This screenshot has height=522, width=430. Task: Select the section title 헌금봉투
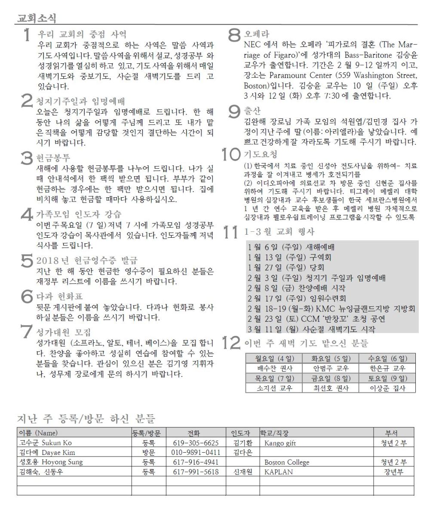click(53, 158)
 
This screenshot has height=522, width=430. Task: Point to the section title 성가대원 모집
click(64, 332)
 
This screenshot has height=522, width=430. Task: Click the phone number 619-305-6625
click(196, 443)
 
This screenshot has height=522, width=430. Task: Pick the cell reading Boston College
click(286, 462)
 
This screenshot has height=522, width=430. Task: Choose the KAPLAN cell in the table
click(278, 472)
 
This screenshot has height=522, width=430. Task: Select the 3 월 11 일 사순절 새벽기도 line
click(311, 329)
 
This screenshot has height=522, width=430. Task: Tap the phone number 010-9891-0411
click(196, 452)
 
